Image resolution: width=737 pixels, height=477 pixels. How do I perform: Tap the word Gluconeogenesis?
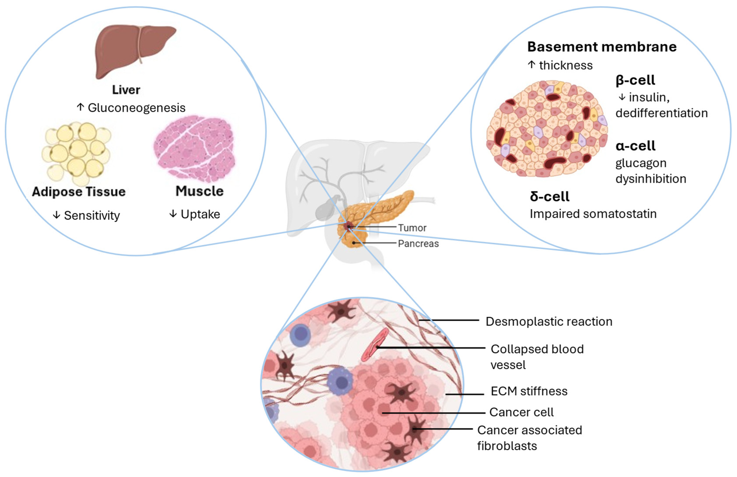click(x=137, y=108)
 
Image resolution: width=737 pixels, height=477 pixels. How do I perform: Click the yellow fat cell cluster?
click(x=77, y=152)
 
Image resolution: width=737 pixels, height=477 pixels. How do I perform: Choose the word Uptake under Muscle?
click(x=200, y=214)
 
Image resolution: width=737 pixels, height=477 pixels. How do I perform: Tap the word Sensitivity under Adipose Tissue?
click(x=92, y=216)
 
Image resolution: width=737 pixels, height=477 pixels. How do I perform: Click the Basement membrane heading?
click(x=602, y=47)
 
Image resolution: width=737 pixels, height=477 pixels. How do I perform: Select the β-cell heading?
click(x=635, y=80)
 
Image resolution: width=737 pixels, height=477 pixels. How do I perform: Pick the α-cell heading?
click(x=635, y=146)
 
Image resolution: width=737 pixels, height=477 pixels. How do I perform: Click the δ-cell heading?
click(x=549, y=196)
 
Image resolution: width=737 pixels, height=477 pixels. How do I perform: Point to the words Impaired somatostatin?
click(x=593, y=214)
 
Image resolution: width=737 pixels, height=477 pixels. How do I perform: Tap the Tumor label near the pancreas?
click(x=412, y=228)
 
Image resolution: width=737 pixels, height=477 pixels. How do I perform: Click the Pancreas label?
click(x=418, y=244)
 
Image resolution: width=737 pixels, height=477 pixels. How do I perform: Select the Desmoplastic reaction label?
click(x=549, y=322)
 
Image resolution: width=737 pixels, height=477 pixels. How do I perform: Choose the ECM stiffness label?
click(x=529, y=391)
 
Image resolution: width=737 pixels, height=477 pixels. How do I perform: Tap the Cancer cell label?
click(x=521, y=412)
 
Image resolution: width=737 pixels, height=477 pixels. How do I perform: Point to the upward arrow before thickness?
click(x=532, y=65)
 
